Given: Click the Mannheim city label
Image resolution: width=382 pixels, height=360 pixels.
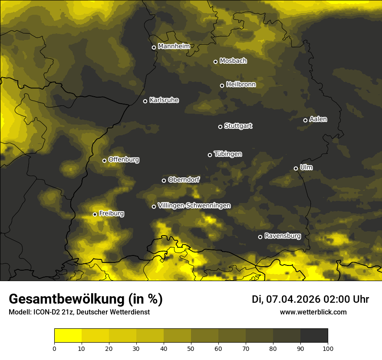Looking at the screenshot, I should click(174, 46).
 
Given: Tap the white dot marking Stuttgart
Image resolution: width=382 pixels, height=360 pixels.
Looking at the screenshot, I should click(220, 127).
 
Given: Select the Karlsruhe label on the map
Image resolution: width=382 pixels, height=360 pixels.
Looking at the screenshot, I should click(164, 100).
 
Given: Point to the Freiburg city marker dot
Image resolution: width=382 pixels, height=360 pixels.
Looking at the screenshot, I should click(95, 214).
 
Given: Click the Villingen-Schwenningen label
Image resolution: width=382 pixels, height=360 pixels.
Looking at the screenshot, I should click(194, 206).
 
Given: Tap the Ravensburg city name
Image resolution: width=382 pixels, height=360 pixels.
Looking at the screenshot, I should click(283, 236).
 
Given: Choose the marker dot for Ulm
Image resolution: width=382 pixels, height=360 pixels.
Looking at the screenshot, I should click(296, 168).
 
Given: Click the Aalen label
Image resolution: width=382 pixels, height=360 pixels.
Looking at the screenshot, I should click(318, 119).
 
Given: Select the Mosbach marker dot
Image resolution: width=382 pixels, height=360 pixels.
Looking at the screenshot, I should click(215, 62).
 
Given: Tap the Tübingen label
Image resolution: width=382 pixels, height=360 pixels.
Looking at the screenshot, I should click(228, 154).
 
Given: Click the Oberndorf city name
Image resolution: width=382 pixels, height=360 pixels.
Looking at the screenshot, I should click(184, 180).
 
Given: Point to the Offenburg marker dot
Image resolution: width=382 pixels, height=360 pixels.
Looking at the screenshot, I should click(104, 160).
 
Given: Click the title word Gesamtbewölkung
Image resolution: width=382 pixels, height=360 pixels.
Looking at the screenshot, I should click(65, 299).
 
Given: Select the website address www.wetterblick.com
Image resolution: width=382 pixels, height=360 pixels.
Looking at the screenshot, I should click(313, 312).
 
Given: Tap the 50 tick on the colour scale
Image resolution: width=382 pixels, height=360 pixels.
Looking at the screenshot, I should click(191, 348).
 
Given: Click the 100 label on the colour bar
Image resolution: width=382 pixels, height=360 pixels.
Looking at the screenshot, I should click(328, 348).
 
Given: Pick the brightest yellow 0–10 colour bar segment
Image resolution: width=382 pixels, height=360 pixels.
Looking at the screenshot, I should click(68, 335).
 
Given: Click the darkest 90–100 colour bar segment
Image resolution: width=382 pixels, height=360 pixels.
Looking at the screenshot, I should click(314, 335).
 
